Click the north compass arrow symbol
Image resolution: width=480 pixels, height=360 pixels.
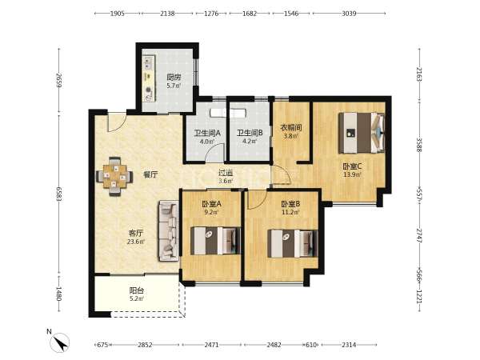[x=60, y=342]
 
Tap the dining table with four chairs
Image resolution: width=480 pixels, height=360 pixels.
[x=114, y=176]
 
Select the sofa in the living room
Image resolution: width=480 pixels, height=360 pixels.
[x=168, y=231]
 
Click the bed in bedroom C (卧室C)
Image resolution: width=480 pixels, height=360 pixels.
[x=362, y=133]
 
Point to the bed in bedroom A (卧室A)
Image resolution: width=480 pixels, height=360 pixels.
[x=215, y=241]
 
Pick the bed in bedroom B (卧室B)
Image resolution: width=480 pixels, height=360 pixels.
[x=292, y=244]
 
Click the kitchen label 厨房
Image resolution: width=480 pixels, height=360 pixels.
[x=174, y=78]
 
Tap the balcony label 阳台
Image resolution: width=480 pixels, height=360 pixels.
[x=136, y=290]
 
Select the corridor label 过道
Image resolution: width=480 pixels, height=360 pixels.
[x=226, y=173]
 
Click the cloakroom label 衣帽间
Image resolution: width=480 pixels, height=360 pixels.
[x=291, y=128]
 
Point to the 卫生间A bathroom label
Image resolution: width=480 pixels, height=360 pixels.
[x=207, y=133]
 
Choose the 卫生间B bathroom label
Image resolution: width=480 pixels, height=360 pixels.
[x=250, y=133]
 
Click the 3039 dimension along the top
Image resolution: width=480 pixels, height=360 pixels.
[x=349, y=14]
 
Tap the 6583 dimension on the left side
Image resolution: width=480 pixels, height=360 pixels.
[x=59, y=194]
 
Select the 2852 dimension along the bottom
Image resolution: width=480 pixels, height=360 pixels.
[x=145, y=345]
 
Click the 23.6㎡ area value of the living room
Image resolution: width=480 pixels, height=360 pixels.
[x=136, y=242]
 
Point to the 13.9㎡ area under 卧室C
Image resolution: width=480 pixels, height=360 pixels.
[x=352, y=174]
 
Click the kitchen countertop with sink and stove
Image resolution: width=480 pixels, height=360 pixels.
[x=149, y=79]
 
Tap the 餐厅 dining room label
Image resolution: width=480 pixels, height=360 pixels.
[x=150, y=174]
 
